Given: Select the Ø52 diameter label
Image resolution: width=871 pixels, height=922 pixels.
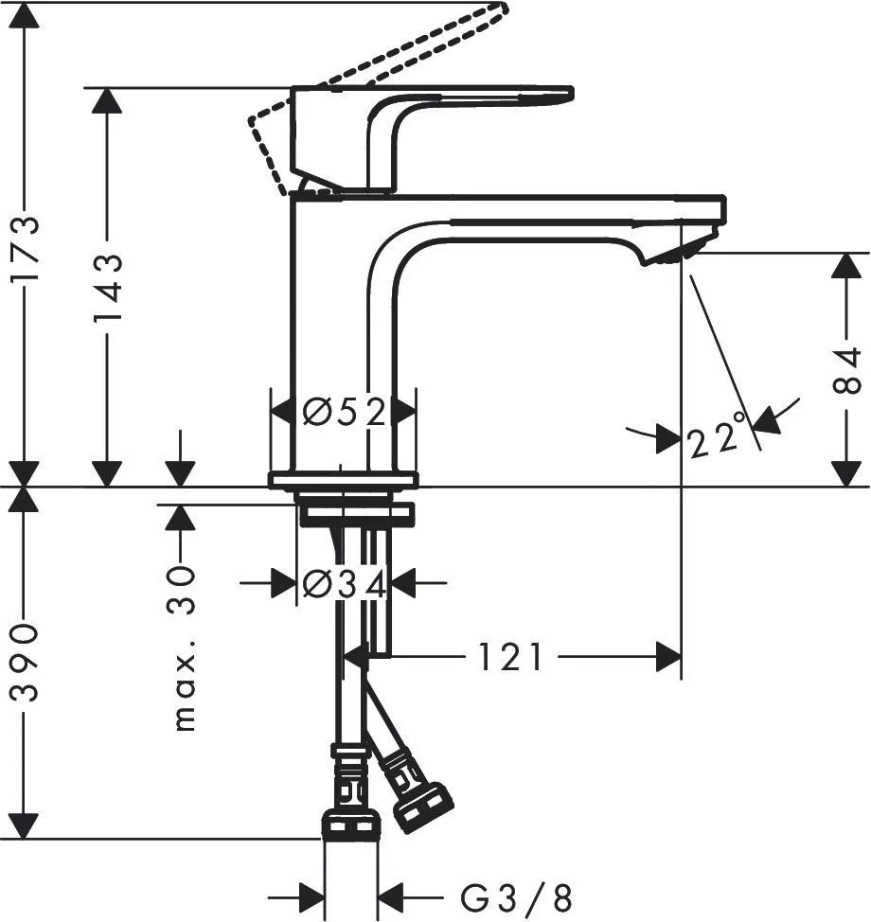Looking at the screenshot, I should pyautogui.click(x=345, y=413).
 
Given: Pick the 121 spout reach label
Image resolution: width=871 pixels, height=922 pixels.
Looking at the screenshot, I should pyautogui.click(x=510, y=656).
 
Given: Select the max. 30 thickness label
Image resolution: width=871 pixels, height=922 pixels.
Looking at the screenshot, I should pyautogui.click(x=184, y=648).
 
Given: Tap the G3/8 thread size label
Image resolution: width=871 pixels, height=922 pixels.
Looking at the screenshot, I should pyautogui.click(x=516, y=896).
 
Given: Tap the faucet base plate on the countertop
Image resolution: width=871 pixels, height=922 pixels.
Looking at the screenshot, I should pyautogui.click(x=343, y=480).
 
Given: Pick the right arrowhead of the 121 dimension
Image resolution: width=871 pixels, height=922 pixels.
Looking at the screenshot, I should pyautogui.click(x=668, y=656).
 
